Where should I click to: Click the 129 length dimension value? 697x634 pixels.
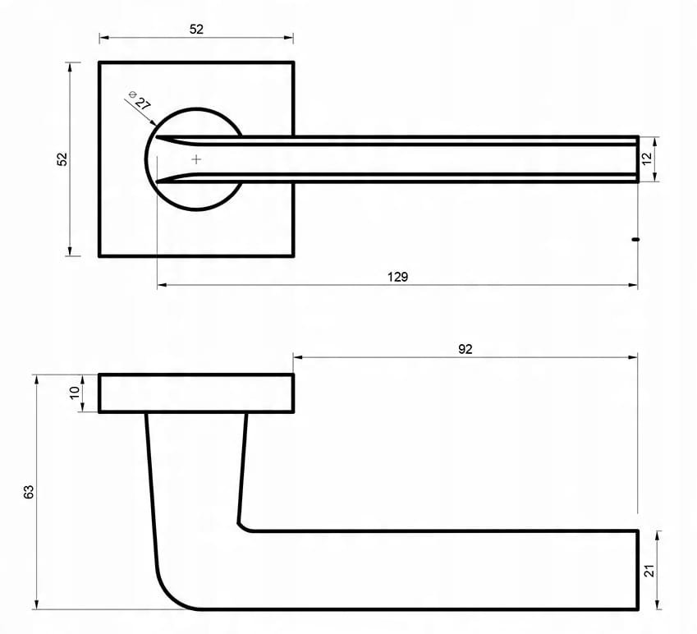397,277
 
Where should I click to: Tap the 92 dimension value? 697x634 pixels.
465,350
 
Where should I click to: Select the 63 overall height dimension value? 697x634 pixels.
29,492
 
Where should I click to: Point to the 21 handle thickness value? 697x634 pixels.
649,571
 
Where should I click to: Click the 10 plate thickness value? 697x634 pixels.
74,393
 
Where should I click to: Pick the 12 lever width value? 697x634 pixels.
647,158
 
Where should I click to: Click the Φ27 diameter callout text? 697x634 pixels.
140,100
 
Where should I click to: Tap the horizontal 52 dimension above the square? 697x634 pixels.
196,30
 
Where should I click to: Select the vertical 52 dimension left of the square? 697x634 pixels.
62,159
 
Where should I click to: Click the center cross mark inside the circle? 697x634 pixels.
196,159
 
